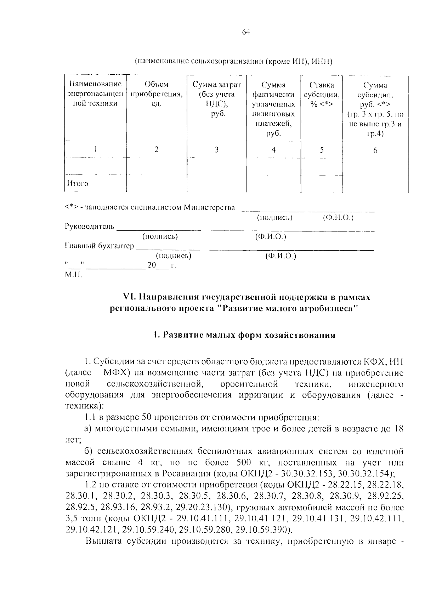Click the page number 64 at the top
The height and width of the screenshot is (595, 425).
click(246, 32)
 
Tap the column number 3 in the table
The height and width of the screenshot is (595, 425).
click(216, 149)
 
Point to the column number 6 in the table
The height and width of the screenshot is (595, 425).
click(375, 150)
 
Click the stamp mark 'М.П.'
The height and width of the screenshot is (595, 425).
click(73, 275)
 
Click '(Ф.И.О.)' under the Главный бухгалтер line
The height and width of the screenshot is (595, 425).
click(280, 256)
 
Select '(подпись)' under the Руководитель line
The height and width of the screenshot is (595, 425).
click(160, 236)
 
